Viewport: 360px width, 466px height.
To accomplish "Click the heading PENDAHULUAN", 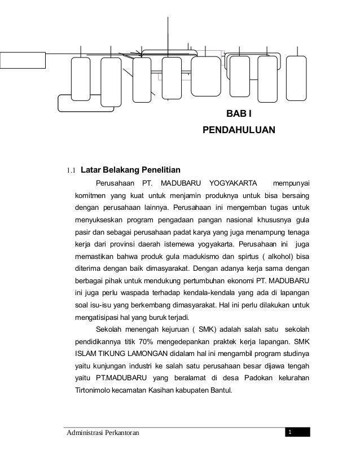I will coord(239,131).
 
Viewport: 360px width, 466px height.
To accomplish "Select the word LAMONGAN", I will coord(152,355).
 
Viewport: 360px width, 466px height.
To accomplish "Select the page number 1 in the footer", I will coord(289,432).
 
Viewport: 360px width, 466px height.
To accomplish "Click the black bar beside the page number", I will coord(301,432).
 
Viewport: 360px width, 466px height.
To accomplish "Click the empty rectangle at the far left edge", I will coord(22,59).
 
